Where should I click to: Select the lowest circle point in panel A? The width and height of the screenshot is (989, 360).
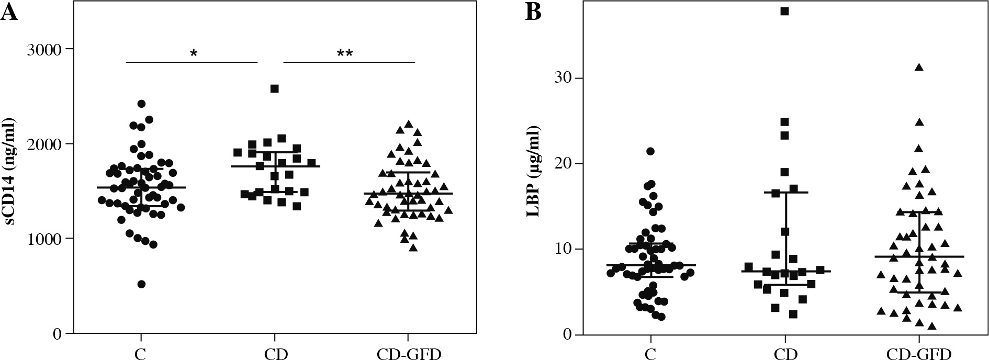[141, 284]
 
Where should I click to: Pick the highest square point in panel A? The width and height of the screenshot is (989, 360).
[274, 88]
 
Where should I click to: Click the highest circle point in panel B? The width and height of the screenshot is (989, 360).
[650, 151]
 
